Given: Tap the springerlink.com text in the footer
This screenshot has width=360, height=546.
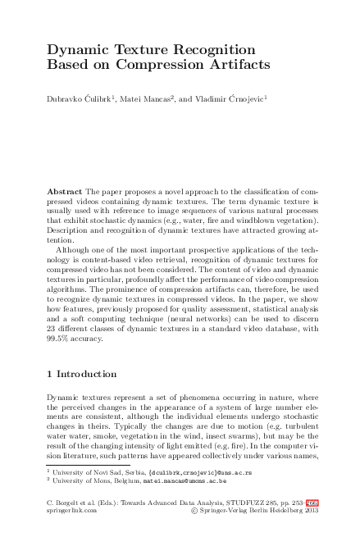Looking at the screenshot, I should pyautogui.click(x=73, y=510).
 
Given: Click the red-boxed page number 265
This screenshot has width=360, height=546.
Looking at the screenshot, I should pyautogui.click(x=312, y=502).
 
